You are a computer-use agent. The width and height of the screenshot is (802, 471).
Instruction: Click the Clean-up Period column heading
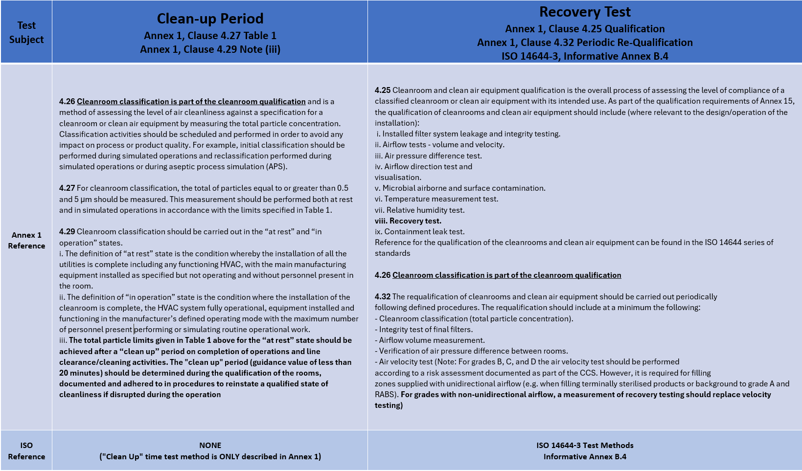(x=210, y=19)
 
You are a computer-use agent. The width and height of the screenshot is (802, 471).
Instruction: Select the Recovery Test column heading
(x=585, y=12)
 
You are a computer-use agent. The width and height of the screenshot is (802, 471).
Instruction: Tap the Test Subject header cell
(x=26, y=32)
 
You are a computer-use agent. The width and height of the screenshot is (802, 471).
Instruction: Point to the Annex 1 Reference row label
(x=26, y=240)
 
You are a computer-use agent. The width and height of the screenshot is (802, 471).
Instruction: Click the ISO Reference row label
(x=26, y=451)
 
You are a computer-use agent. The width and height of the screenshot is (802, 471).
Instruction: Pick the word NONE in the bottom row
(x=210, y=445)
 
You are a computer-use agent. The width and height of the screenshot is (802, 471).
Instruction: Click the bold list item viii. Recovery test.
(x=408, y=221)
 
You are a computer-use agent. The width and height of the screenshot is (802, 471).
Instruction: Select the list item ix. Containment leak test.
(x=420, y=231)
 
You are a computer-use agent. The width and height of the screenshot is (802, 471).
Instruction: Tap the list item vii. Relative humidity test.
(x=420, y=210)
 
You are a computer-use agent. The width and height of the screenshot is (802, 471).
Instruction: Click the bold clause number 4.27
(x=67, y=188)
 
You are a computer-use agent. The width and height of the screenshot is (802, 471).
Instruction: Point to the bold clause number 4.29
(x=67, y=231)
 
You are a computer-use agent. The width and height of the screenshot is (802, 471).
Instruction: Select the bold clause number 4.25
(x=383, y=90)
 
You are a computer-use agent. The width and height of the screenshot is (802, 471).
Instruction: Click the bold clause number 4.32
(x=383, y=296)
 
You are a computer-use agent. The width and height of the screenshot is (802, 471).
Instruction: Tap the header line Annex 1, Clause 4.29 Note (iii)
(x=210, y=49)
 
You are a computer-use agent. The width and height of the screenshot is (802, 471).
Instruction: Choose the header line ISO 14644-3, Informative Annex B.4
(x=585, y=56)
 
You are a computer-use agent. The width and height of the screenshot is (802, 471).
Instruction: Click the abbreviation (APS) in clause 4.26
(x=276, y=166)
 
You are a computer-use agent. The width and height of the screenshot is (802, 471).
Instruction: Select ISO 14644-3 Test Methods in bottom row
(x=585, y=445)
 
